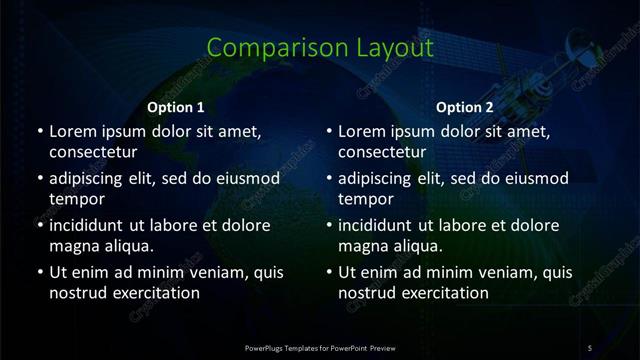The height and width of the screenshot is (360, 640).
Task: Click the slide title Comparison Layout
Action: [319, 47]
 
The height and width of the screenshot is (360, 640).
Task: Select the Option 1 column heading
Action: [176, 107]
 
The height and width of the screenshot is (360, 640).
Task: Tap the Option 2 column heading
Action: [465, 107]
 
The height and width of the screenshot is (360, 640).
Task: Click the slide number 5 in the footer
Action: [590, 347]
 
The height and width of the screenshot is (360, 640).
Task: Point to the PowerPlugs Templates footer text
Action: [319, 347]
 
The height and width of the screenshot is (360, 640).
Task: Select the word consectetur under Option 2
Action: [382, 153]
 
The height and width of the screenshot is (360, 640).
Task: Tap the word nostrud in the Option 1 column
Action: [76, 294]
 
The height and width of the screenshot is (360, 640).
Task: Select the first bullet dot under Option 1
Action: [40, 132]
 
